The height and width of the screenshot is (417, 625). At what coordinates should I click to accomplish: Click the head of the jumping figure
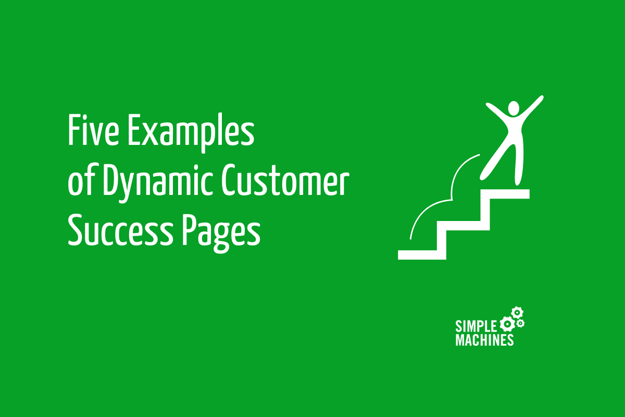click(x=514, y=109)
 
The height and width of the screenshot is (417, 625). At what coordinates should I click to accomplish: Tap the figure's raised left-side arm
click(x=496, y=111)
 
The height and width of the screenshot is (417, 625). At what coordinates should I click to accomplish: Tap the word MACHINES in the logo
click(x=484, y=340)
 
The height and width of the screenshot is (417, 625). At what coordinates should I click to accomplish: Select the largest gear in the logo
click(x=506, y=325)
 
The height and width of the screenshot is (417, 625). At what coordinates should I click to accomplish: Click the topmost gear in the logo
click(x=517, y=313)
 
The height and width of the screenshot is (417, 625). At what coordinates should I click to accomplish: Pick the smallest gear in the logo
click(x=520, y=324)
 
